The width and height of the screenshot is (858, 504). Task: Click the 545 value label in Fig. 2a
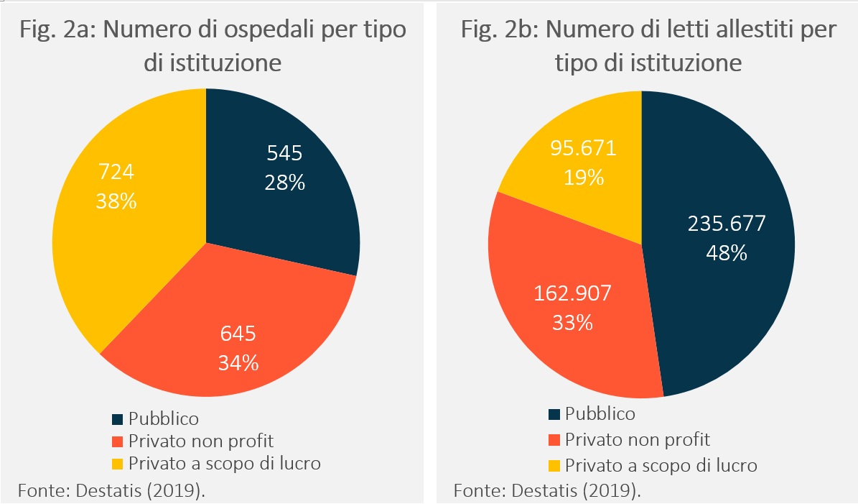[x=284, y=152]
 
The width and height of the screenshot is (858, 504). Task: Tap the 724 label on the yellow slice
[x=116, y=173]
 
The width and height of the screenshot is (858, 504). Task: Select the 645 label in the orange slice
[x=238, y=334]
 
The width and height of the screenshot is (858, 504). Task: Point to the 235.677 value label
[x=727, y=224]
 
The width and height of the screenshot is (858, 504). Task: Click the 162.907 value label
[x=572, y=293]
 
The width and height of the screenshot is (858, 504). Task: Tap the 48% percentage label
[x=727, y=253]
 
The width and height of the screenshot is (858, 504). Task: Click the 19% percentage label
[x=583, y=177]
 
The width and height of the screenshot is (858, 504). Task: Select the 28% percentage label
[x=284, y=183]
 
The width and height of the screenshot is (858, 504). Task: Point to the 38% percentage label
[x=116, y=202]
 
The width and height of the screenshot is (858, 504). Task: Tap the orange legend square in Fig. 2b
[x=554, y=439]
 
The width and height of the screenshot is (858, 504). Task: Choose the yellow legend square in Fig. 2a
[x=118, y=462]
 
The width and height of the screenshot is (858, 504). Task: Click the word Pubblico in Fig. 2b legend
[x=600, y=413]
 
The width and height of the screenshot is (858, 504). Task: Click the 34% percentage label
[x=238, y=363]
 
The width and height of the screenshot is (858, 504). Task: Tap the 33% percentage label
[x=572, y=323]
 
